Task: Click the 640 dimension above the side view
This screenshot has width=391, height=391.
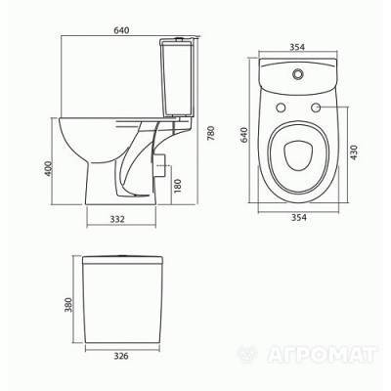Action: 121,30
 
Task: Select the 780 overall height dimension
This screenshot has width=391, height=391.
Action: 211,133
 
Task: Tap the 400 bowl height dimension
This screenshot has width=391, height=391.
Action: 48,168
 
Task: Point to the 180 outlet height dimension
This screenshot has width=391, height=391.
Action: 177,186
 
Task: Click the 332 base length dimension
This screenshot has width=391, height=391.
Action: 117,219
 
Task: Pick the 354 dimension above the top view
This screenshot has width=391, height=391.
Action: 297,47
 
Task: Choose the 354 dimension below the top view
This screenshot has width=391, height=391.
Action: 298,217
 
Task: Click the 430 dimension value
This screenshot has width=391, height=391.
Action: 354,152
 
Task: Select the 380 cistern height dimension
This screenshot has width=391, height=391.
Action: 68,305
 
